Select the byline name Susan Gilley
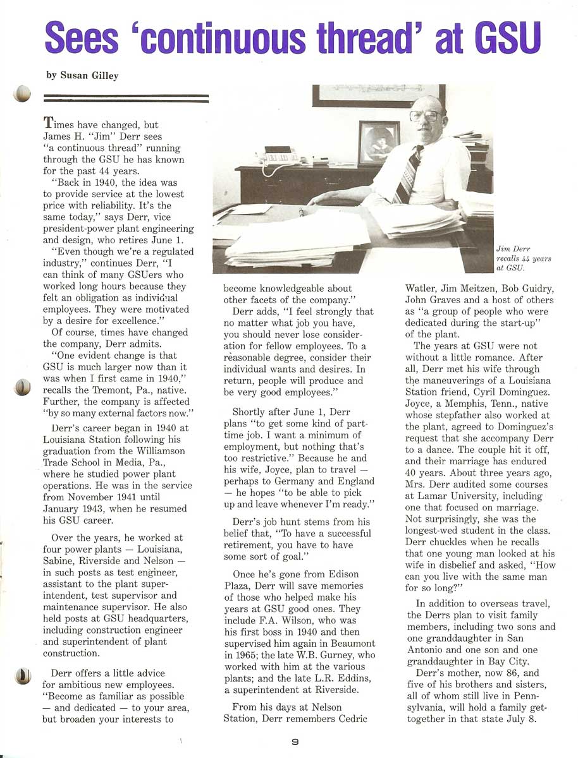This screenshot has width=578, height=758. click(x=89, y=75)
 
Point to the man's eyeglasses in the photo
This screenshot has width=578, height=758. click(x=425, y=116)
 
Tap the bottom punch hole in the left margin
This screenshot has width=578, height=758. click(x=23, y=677)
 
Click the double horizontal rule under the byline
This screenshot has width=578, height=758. click(x=125, y=98)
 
